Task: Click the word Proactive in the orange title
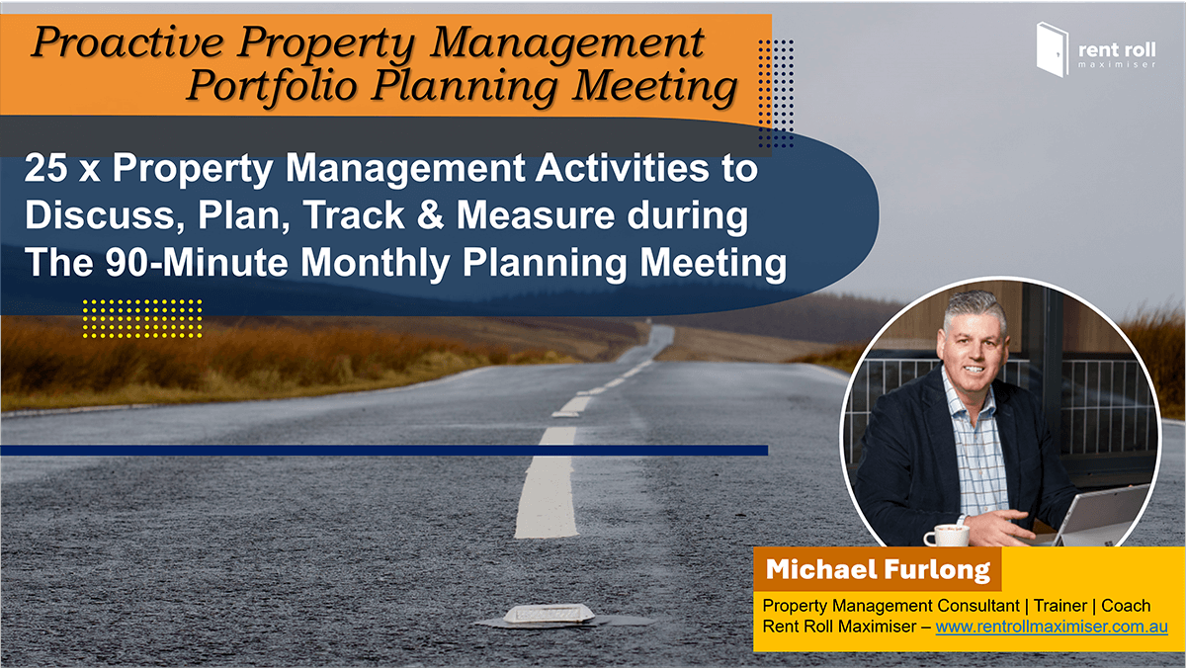coord(128,42)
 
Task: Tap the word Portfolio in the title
coord(272,85)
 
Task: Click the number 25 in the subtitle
coord(46,168)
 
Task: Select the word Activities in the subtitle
coord(622,168)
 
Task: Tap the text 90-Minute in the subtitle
coord(196,262)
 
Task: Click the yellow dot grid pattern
coord(142,318)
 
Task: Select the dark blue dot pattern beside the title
coord(776,93)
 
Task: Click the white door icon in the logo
coord(1052,49)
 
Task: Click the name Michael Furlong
coord(878,569)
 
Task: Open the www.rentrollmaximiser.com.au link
coord(1052,627)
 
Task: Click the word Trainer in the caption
coord(1059,606)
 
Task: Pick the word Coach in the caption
coord(1126,606)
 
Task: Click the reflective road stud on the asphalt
coord(547,616)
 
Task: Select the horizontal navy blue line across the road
coord(383,451)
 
